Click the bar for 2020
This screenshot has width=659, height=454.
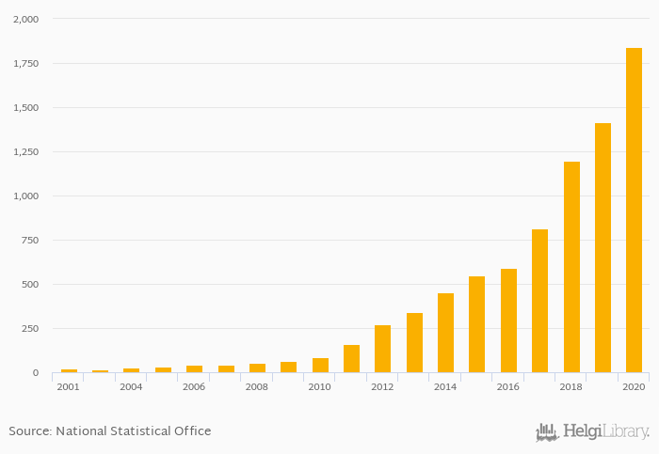[x=634, y=211]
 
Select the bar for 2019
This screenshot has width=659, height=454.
[x=603, y=248]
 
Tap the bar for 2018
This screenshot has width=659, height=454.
[x=571, y=267]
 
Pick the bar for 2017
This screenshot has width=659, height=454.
[x=539, y=301]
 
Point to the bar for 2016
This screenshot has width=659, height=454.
[x=508, y=321]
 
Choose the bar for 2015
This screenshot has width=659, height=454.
[x=477, y=324]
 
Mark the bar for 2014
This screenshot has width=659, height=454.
[x=445, y=333]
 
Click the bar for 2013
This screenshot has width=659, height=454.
[x=414, y=343]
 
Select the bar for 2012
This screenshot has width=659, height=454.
[x=382, y=349]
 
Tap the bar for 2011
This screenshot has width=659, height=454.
[x=351, y=359]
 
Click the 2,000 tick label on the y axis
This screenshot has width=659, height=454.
[x=25, y=20]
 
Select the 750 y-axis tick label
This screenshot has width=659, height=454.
[x=30, y=241]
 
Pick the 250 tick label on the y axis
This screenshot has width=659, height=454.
[x=30, y=329]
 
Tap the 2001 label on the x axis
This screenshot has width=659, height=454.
[x=68, y=387]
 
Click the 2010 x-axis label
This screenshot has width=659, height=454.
[x=319, y=387]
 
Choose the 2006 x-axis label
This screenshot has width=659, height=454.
[x=194, y=387]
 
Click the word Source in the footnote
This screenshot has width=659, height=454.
[x=29, y=431]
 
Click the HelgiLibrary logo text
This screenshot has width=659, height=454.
[x=605, y=432]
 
